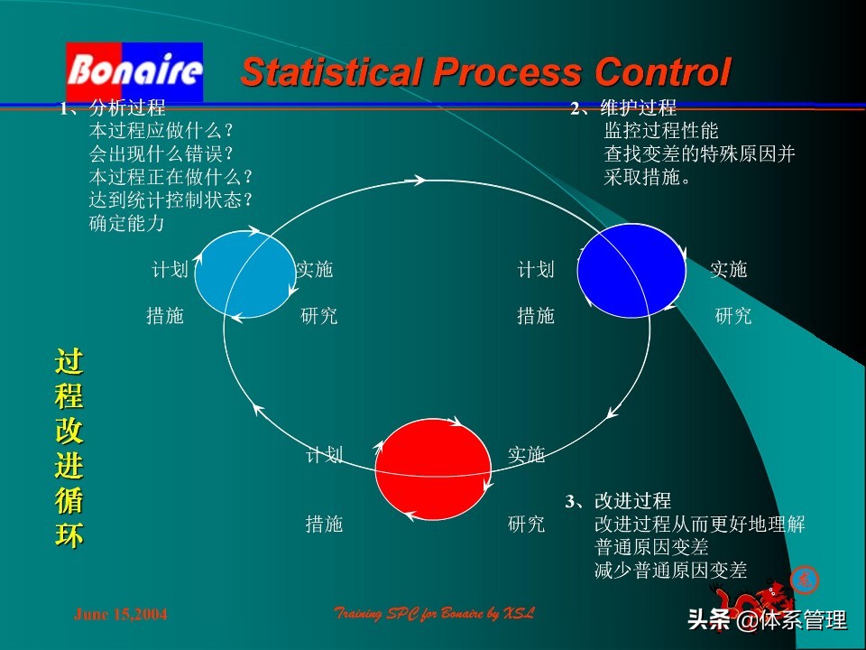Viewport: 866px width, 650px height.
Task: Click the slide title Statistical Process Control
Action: click(485, 72)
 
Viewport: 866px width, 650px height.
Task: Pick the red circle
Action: click(430, 469)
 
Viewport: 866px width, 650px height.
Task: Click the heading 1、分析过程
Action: click(113, 108)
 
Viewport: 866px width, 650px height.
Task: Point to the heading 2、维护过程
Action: click(623, 108)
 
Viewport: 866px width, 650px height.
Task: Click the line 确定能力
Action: click(126, 223)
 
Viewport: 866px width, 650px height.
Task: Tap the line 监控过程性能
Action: click(661, 131)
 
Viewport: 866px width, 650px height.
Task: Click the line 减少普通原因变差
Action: click(671, 570)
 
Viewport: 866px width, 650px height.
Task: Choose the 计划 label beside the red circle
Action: click(325, 455)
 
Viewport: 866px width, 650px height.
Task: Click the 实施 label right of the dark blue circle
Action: click(729, 269)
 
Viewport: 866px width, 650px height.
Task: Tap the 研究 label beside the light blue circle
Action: click(319, 316)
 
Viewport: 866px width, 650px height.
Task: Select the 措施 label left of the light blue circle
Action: click(165, 316)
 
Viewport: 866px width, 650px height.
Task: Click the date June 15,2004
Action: click(120, 615)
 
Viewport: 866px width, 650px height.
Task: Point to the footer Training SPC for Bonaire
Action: click(434, 614)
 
